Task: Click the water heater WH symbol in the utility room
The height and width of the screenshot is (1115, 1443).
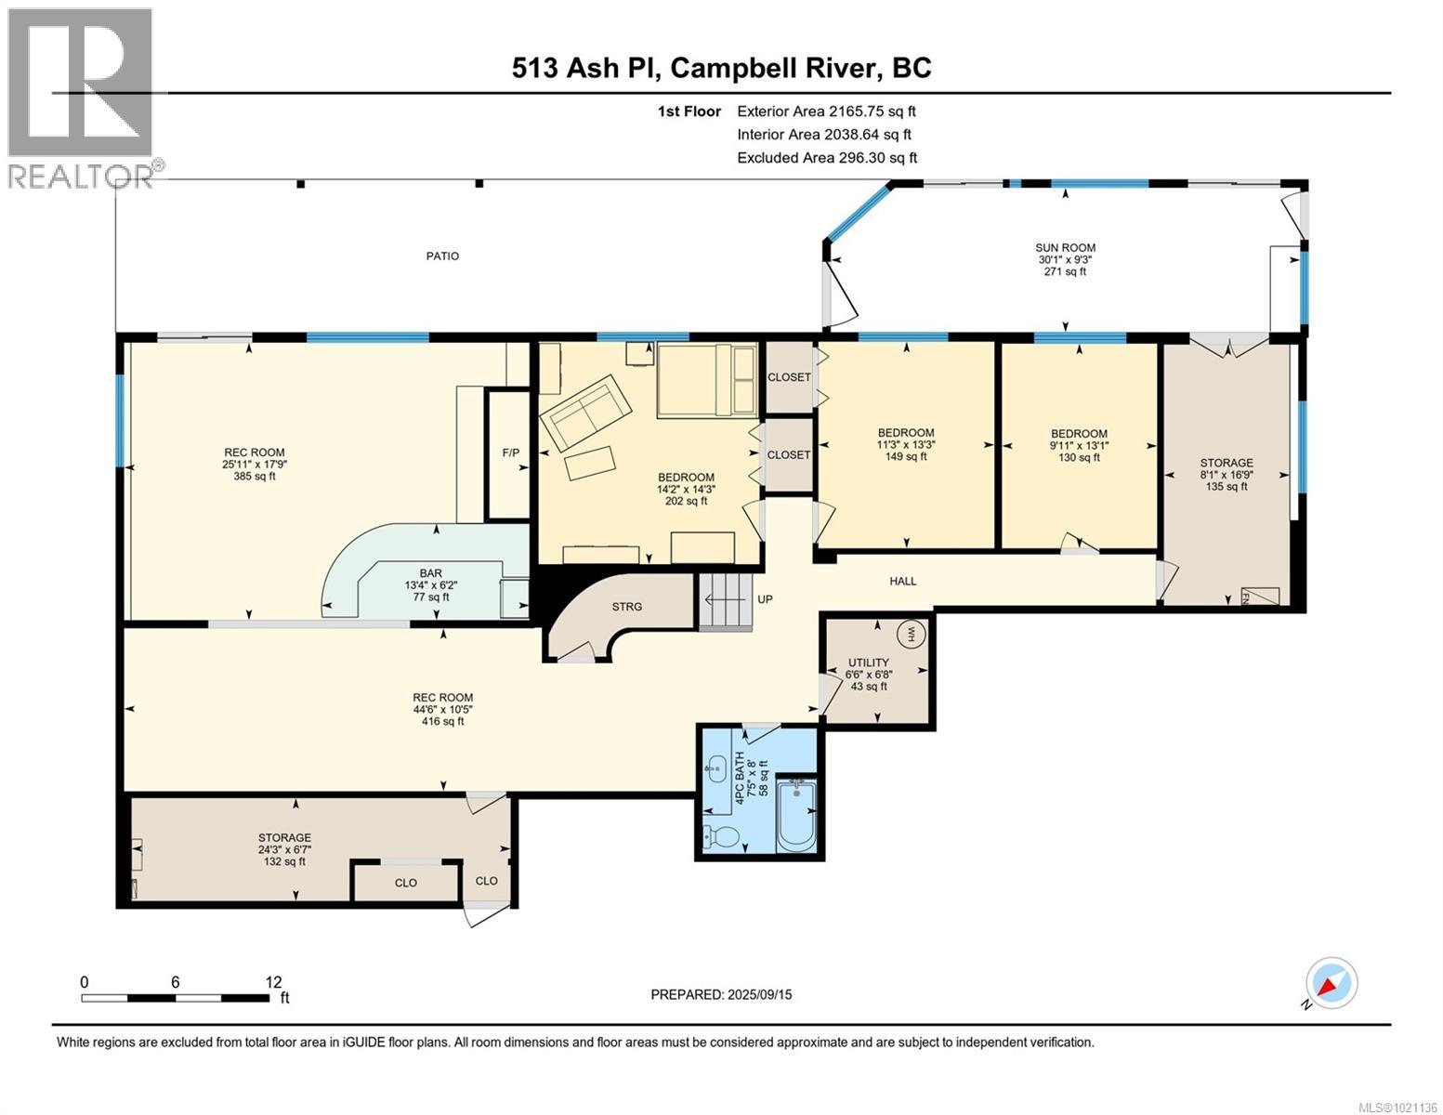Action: (907, 635)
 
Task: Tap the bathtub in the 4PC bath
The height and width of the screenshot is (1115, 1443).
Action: (795, 815)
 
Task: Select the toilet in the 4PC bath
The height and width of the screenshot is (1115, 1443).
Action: (722, 835)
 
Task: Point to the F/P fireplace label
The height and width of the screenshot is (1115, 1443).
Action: (510, 453)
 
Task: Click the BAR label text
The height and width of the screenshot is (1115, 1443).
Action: (429, 573)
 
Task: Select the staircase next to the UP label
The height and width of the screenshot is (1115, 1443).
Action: (725, 601)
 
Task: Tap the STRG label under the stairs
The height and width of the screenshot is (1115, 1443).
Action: (626, 607)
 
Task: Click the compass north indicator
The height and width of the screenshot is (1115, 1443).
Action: (1331, 984)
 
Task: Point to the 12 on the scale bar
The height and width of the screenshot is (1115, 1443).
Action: (273, 982)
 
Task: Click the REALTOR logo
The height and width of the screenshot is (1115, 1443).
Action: (82, 98)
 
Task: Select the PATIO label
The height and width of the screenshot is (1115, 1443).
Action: (442, 256)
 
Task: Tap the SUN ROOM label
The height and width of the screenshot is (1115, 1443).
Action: (1065, 248)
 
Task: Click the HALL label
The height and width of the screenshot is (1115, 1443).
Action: (902, 582)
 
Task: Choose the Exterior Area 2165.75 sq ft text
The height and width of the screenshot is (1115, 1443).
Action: (826, 111)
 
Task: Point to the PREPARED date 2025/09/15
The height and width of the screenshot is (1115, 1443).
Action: (721, 994)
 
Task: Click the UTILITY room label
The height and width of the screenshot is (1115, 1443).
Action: (868, 662)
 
